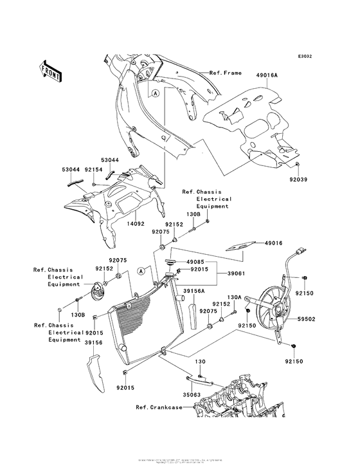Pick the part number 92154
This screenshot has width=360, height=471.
[x=94, y=169]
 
